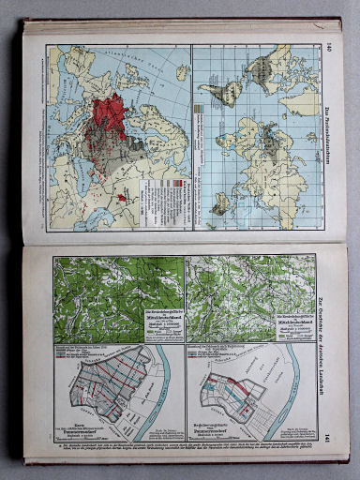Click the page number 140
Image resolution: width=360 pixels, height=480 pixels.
tap(330, 49)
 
